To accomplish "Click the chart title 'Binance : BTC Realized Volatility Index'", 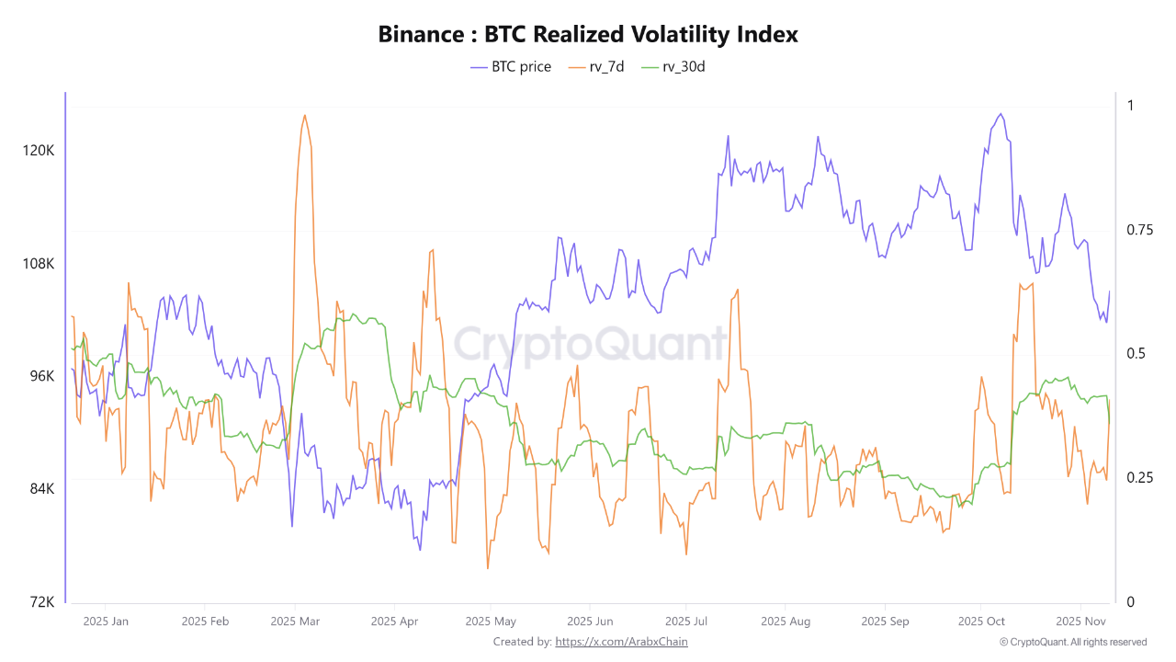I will tap(588, 35).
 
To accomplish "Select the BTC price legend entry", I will tap(511, 66).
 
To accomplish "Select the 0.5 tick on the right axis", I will tap(1131, 354).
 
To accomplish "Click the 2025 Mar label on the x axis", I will tap(295, 622).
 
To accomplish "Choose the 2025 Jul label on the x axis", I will tap(685, 622).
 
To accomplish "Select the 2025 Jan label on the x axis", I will tap(106, 622).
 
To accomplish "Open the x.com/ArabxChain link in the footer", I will tap(621, 642).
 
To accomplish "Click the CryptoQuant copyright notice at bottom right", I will tap(1073, 642).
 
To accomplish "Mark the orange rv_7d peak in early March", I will tap(304, 116).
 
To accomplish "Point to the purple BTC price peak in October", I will tap(1001, 114).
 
